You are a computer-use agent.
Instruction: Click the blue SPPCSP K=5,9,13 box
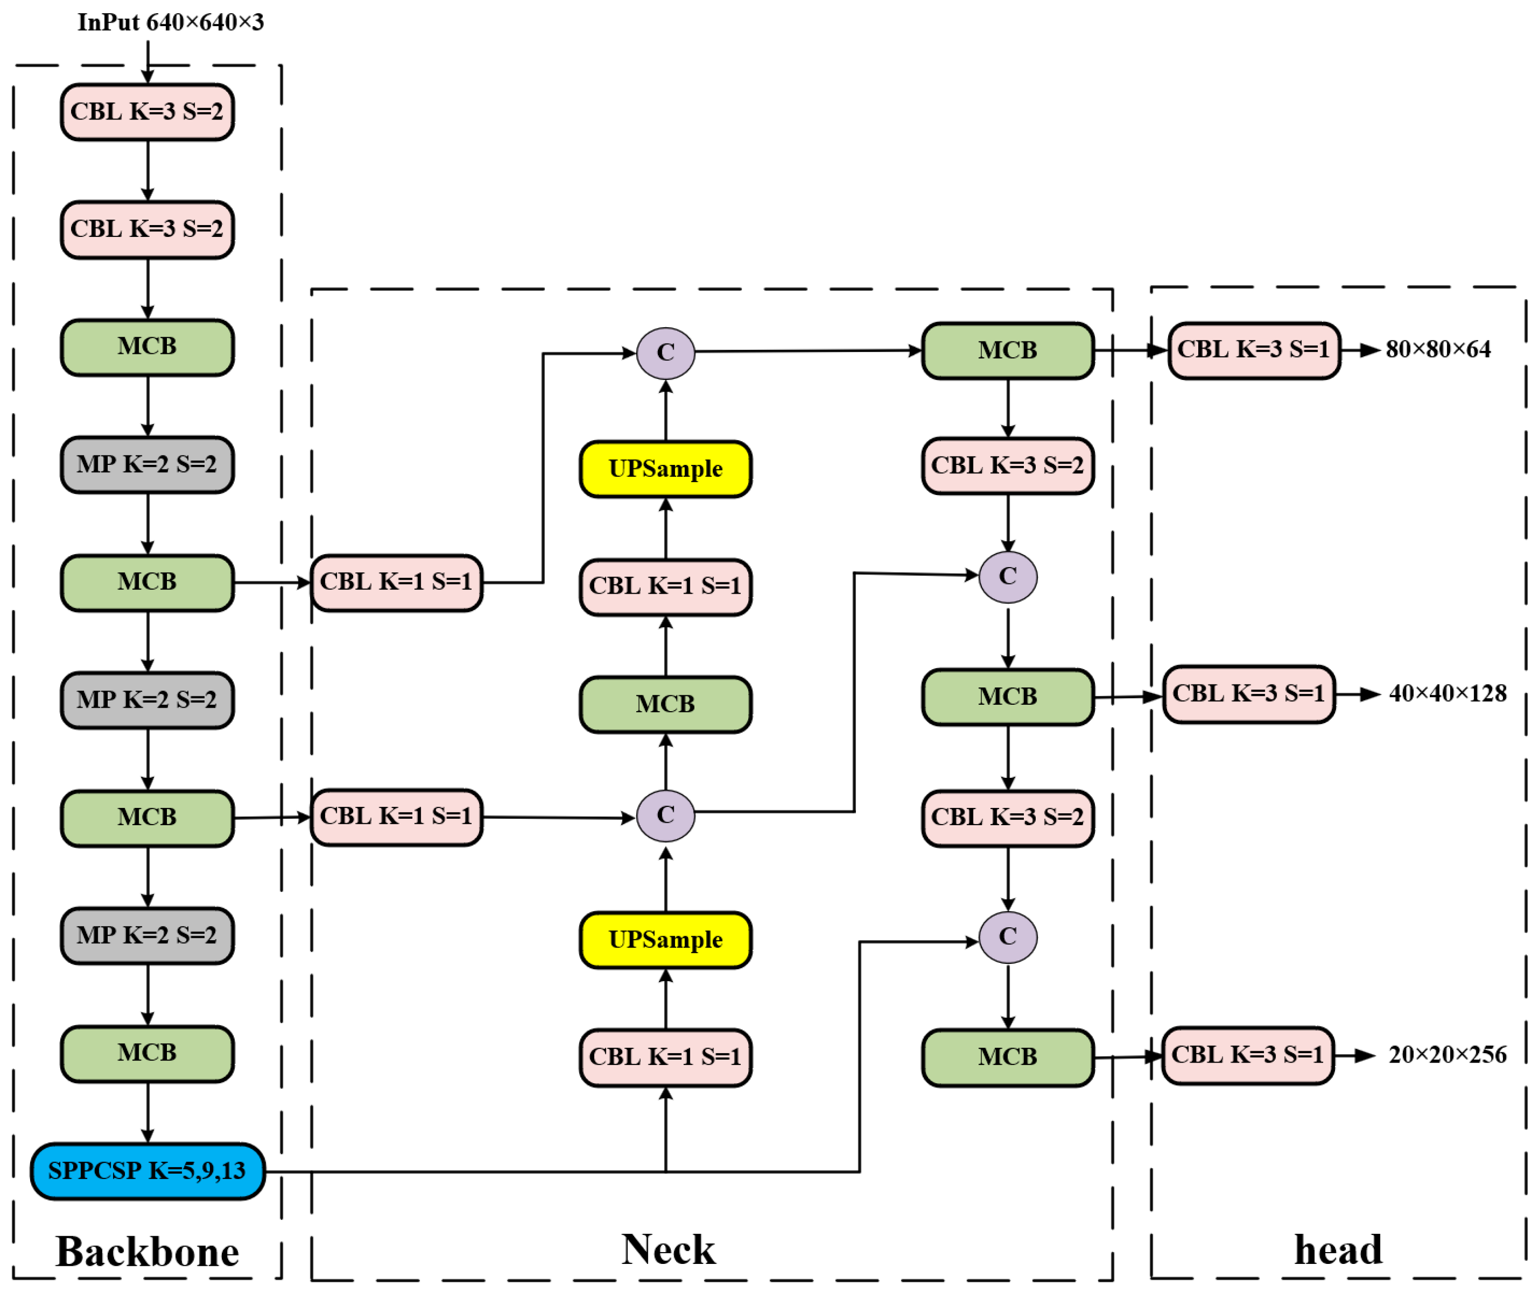coord(147,1170)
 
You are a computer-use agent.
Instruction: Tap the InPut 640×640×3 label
coord(170,23)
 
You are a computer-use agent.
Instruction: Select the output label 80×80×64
coord(1437,350)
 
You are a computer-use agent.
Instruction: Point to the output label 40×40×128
coord(1447,693)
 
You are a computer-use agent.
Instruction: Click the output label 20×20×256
coord(1447,1055)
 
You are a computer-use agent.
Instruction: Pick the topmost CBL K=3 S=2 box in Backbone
coord(147,112)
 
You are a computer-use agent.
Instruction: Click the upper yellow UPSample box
coord(665,469)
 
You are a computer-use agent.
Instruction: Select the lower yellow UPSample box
coord(665,940)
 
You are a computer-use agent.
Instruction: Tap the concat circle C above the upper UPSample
coord(665,353)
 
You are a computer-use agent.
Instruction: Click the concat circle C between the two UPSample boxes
coord(665,815)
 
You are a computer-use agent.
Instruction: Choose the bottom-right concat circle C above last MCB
coord(1008,937)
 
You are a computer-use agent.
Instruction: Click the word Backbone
coord(147,1252)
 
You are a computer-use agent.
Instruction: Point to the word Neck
coord(667,1250)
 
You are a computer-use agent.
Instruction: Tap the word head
coord(1338,1250)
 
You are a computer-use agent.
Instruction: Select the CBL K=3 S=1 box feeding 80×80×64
coord(1254,350)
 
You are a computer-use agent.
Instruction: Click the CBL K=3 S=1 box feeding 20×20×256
coord(1248,1056)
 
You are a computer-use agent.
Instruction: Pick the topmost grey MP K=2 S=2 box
coord(147,464)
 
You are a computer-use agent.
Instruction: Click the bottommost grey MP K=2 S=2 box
coord(147,935)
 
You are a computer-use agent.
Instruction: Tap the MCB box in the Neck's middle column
coord(665,704)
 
